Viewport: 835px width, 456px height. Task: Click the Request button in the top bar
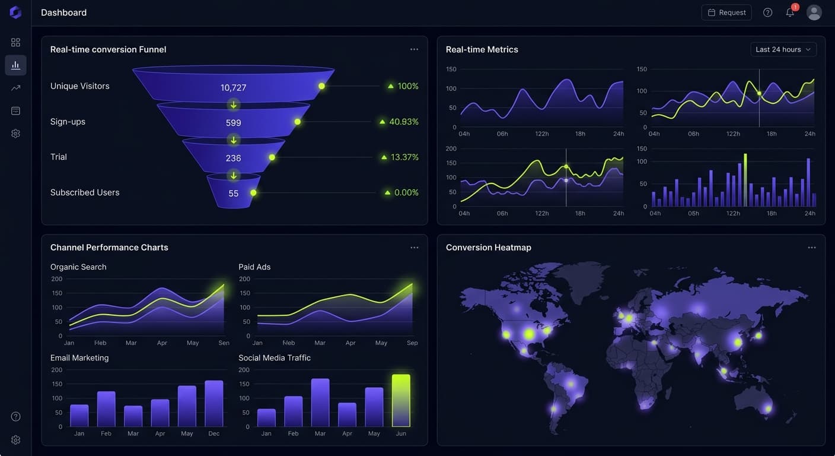click(x=726, y=12)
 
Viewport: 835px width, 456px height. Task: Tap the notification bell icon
click(x=790, y=12)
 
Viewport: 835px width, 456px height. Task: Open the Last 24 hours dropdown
click(x=783, y=50)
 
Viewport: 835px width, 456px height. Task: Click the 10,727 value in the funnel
click(x=233, y=88)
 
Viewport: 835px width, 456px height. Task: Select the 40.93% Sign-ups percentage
click(x=403, y=122)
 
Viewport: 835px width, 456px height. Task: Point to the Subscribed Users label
click(x=85, y=192)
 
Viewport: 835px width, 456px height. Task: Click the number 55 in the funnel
click(x=233, y=194)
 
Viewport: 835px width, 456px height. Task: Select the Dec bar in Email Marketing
click(x=213, y=404)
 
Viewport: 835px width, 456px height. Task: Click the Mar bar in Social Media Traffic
click(x=320, y=403)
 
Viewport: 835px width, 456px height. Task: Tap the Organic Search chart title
click(x=78, y=267)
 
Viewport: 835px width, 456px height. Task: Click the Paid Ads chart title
click(x=254, y=267)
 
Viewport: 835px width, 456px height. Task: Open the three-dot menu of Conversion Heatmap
click(x=812, y=248)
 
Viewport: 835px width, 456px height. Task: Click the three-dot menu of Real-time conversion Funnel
click(x=414, y=49)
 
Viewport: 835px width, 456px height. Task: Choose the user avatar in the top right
click(x=814, y=12)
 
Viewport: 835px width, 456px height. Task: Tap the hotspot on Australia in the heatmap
click(x=769, y=408)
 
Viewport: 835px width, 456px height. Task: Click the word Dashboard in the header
click(x=63, y=12)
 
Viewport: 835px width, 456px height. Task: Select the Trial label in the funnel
click(x=59, y=157)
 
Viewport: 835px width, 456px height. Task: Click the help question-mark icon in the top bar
click(x=767, y=12)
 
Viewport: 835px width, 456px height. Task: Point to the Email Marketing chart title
click(x=79, y=358)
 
